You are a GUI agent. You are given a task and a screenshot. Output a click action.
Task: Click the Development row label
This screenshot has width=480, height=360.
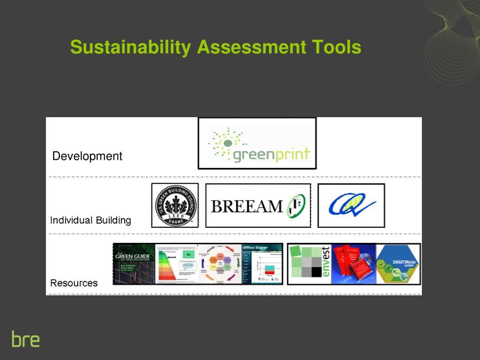[87, 156]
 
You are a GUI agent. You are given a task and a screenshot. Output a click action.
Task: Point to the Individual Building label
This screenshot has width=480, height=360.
[90, 220]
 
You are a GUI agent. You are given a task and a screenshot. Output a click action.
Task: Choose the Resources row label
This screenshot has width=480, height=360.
[74, 283]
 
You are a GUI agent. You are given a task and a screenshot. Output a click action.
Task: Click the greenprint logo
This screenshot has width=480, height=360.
[257, 143]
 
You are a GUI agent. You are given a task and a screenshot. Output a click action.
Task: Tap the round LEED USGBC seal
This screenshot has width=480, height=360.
[174, 206]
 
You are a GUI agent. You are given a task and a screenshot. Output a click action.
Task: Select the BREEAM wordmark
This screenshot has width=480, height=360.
[247, 206]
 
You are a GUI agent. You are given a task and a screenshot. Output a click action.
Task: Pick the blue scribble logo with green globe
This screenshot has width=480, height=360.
[352, 205]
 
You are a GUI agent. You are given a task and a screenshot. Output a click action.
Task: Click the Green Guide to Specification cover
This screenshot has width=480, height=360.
[134, 264]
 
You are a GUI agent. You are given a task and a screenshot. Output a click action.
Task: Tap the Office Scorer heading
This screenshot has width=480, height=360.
[255, 247]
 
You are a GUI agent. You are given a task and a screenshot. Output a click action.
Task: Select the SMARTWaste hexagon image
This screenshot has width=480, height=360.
[398, 264]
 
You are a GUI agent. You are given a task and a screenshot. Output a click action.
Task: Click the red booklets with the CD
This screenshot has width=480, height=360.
[353, 263]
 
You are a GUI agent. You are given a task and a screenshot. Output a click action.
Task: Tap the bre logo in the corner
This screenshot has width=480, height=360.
[26, 339]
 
